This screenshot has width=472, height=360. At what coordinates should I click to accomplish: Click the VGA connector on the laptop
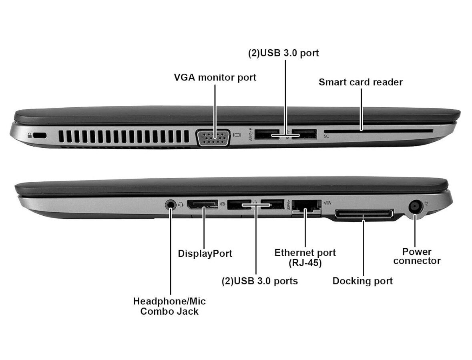click(213, 138)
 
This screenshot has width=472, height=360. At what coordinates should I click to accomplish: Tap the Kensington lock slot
click(40, 136)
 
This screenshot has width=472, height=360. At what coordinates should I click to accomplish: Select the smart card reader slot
click(378, 131)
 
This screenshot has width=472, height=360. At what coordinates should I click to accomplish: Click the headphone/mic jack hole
click(171, 204)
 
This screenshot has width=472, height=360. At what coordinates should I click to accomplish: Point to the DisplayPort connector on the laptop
click(203, 205)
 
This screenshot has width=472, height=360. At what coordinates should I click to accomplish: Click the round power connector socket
click(415, 207)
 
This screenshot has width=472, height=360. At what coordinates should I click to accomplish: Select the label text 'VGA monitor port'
click(215, 77)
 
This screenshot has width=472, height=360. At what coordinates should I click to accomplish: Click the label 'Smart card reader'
click(360, 82)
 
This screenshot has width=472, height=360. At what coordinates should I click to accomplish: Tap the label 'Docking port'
click(362, 281)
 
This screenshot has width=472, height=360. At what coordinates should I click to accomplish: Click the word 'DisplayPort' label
click(205, 253)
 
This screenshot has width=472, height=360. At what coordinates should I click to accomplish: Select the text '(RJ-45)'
click(305, 263)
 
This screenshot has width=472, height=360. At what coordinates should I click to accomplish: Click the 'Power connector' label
click(417, 256)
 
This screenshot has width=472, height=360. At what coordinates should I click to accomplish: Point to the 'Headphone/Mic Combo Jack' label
click(169, 306)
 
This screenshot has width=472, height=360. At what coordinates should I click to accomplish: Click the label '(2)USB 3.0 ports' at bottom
click(259, 281)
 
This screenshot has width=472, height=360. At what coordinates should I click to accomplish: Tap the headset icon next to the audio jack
click(181, 205)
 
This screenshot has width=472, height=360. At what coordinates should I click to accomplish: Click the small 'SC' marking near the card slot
click(326, 137)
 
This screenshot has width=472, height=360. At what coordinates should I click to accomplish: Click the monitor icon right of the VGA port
click(237, 135)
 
